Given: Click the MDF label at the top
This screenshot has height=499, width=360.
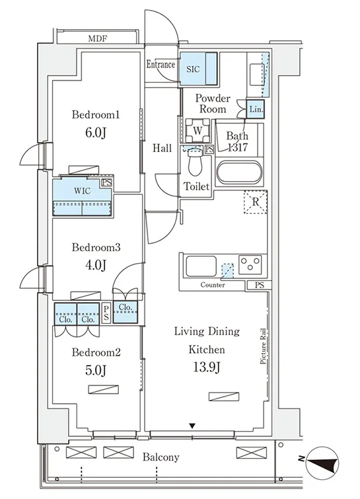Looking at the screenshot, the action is (98, 39).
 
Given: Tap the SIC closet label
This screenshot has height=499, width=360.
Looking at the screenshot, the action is (193, 69).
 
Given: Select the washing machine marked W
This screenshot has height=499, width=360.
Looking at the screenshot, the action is (198, 130).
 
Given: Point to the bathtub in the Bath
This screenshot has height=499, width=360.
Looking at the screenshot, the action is (239, 174).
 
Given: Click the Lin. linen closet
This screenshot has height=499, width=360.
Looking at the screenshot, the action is (255, 109).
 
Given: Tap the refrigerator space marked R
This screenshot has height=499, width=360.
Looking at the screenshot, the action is (256, 202).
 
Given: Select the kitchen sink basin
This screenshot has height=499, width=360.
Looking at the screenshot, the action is (201, 266).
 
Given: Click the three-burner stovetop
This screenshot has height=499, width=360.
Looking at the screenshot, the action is (250, 264).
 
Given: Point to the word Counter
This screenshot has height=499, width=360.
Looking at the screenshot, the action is (213, 285).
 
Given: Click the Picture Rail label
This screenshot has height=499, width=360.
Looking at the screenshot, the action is (263, 346).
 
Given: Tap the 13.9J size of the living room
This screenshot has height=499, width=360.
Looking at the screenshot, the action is (207, 367).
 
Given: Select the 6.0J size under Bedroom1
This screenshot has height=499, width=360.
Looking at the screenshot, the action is (95, 133).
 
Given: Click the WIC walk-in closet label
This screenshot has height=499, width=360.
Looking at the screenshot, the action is (83, 191).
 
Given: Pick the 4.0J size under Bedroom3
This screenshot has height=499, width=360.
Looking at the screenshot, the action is (95, 265).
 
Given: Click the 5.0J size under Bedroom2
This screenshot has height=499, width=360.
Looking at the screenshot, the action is (95, 370).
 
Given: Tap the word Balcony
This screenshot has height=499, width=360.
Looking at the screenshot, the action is (161, 457).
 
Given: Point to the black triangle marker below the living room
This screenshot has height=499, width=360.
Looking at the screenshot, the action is (192, 426).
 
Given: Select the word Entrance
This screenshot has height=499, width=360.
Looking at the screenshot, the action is (161, 65).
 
